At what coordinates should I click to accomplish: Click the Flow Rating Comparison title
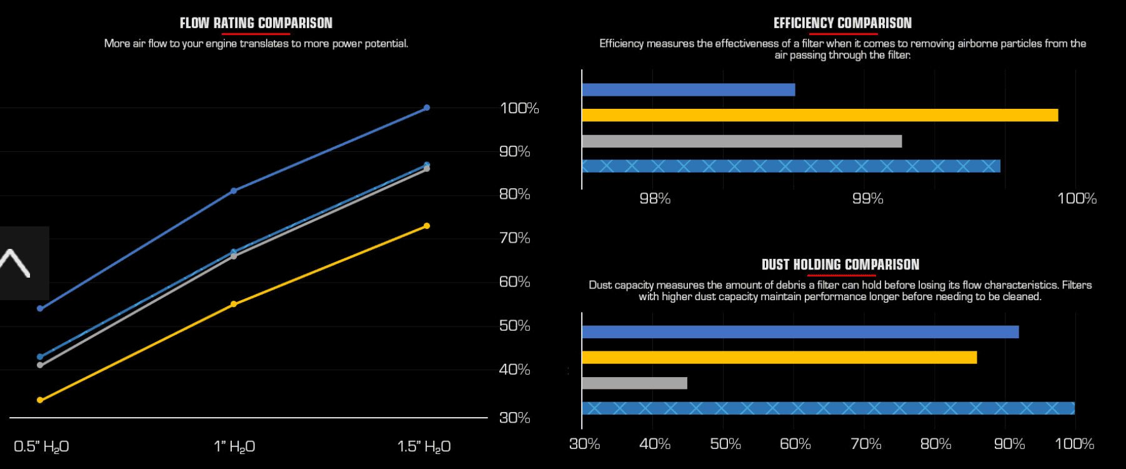pyautogui.click(x=256, y=23)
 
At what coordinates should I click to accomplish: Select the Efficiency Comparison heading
pyautogui.click(x=842, y=23)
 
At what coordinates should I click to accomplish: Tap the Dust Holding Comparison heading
pyautogui.click(x=840, y=265)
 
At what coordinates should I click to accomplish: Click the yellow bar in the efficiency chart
pyautogui.click(x=820, y=115)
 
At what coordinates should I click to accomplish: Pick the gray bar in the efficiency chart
pyautogui.click(x=742, y=141)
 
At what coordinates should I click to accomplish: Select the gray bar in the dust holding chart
pyautogui.click(x=634, y=383)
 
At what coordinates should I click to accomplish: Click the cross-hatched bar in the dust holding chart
pyautogui.click(x=828, y=408)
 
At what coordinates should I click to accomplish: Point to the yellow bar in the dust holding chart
pyautogui.click(x=779, y=358)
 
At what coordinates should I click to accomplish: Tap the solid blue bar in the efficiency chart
pyautogui.click(x=688, y=89)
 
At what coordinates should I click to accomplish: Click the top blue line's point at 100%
pyautogui.click(x=427, y=108)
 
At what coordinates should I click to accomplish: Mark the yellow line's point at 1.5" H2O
pyautogui.click(x=427, y=226)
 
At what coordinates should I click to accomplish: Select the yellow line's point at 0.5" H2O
pyautogui.click(x=40, y=400)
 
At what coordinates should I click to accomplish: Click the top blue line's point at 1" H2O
pyautogui.click(x=234, y=191)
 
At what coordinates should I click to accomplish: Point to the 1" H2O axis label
pyautogui.click(x=234, y=446)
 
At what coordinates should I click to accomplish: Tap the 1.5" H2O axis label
pyautogui.click(x=424, y=446)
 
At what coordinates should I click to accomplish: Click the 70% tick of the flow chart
pyautogui.click(x=514, y=238)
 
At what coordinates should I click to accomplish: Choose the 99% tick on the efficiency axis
pyautogui.click(x=868, y=198)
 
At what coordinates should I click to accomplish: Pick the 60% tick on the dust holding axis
pyautogui.click(x=795, y=444)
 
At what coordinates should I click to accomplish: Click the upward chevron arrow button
pyautogui.click(x=15, y=263)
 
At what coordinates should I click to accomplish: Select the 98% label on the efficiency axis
pyautogui.click(x=655, y=198)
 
